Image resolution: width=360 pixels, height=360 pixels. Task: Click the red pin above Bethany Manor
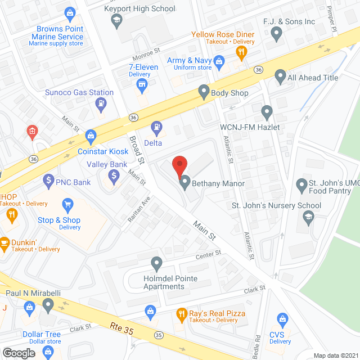(x=179, y=164)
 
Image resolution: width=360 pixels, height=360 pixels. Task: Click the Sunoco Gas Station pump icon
(x=101, y=103)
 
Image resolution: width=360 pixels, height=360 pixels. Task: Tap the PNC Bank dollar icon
(x=48, y=181)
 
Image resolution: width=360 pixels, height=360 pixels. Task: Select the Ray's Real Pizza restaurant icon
(x=181, y=313)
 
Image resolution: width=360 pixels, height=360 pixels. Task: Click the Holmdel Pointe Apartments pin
(x=156, y=263)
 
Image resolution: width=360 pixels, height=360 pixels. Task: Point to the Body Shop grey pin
(x=204, y=92)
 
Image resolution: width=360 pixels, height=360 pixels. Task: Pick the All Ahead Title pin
(x=280, y=76)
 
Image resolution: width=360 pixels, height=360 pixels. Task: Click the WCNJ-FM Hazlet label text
(x=250, y=127)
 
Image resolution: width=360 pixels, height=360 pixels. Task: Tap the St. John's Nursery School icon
(x=308, y=217)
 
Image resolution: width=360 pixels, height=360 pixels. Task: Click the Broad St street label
(x=137, y=150)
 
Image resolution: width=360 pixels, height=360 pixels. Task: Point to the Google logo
(x=18, y=353)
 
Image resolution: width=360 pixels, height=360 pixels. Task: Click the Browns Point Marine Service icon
(x=70, y=12)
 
